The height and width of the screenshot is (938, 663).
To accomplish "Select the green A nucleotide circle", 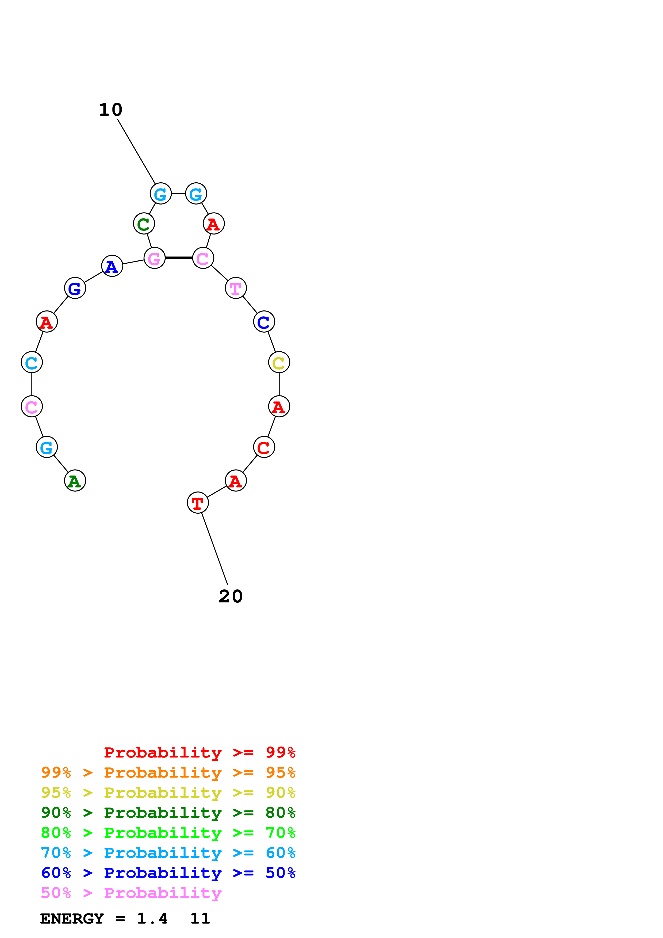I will [x=75, y=480].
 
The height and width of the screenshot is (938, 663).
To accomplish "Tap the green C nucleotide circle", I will [x=144, y=224].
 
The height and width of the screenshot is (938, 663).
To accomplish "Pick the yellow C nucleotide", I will [x=279, y=362].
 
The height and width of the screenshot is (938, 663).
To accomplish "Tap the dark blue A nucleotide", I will [x=112, y=266].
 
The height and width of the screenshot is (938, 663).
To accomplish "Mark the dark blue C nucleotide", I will [x=264, y=322].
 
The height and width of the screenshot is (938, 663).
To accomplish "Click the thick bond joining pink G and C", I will [x=178, y=258].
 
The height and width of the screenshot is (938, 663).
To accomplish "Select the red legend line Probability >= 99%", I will [x=199, y=752].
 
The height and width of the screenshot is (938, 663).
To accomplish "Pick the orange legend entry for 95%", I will [x=168, y=772].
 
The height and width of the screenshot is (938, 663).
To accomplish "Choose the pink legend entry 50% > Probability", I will [x=131, y=893].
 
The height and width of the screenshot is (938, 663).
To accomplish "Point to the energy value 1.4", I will [x=152, y=918].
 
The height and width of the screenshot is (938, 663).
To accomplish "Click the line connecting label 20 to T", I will [x=214, y=549].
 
